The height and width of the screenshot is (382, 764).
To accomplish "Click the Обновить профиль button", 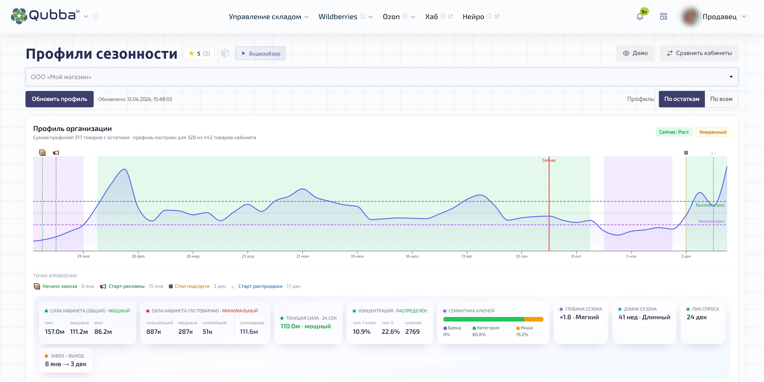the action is pos(59,99).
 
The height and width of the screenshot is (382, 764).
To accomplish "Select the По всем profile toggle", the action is pos(721,99).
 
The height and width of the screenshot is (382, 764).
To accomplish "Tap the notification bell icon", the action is pos(640,17).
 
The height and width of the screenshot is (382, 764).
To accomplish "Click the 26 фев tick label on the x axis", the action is pos(138,256).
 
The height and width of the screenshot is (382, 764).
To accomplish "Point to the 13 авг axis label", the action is pos(467,256).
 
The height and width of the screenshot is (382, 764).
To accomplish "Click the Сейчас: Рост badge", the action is pos(674,132).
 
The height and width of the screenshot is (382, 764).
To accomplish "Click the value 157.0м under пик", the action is pos(55,332).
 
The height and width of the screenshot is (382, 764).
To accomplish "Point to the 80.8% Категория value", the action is pos(479,334).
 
